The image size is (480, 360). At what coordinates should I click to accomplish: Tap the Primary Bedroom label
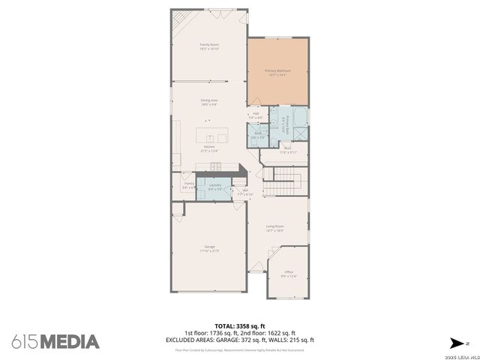point(277,72)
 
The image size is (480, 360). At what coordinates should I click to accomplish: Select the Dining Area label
point(208,101)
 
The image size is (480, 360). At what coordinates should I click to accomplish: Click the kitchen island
point(212,136)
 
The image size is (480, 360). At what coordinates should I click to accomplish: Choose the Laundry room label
point(214,185)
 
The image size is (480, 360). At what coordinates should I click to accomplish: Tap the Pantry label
point(188,184)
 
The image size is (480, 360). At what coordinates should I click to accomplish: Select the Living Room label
point(274,228)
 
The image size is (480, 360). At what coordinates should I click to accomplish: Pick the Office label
point(289,274)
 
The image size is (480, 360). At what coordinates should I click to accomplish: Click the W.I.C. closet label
point(289,150)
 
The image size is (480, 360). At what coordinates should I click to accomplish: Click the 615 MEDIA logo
point(55,341)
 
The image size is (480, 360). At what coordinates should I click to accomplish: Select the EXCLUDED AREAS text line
point(239,340)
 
